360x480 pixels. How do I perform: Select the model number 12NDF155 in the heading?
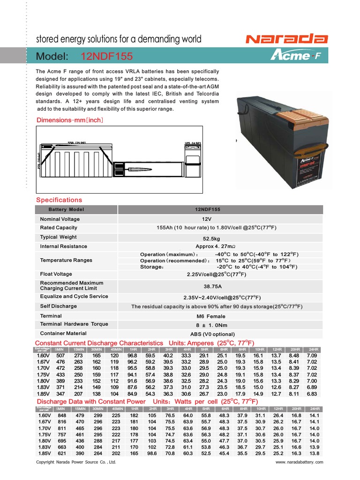tap(107, 57)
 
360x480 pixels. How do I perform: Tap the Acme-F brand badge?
tap(290, 56)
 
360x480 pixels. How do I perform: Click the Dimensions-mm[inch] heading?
tap(70, 120)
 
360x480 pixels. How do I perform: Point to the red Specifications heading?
tap(59, 200)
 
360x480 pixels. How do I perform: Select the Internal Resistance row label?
tap(63, 246)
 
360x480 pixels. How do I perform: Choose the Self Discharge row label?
tap(59, 306)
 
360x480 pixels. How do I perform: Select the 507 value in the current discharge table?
tap(61, 356)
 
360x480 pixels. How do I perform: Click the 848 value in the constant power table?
tap(61, 415)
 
